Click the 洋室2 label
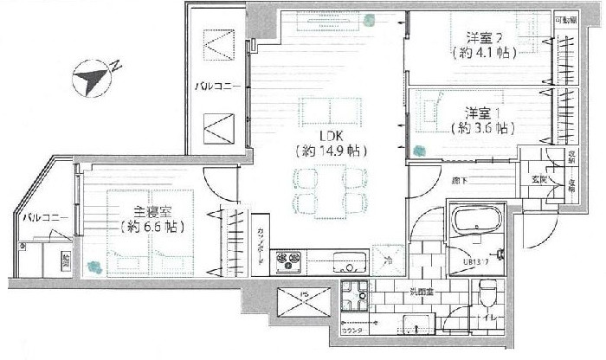pos(484,37)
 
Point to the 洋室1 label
pos(483,113)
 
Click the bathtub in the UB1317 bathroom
pos(477,222)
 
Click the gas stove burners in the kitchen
pos(288,259)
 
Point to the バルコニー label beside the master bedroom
pos(39,216)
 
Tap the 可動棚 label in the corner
pos(564,19)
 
